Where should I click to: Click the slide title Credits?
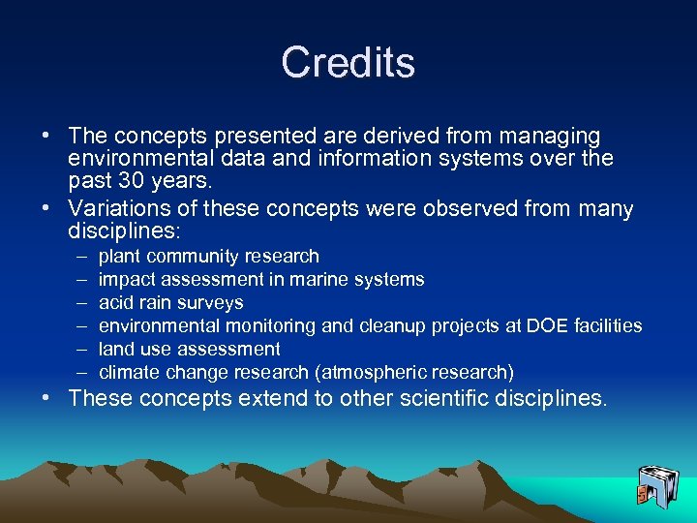click(x=348, y=63)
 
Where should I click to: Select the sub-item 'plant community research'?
click(x=208, y=257)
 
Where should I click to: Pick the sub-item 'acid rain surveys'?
click(x=170, y=303)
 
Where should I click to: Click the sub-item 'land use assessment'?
click(x=189, y=350)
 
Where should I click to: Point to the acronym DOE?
click(x=546, y=326)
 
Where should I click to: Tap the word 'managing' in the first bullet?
click(x=555, y=137)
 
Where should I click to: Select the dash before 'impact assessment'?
click(x=77, y=280)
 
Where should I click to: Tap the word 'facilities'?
click(x=607, y=326)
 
